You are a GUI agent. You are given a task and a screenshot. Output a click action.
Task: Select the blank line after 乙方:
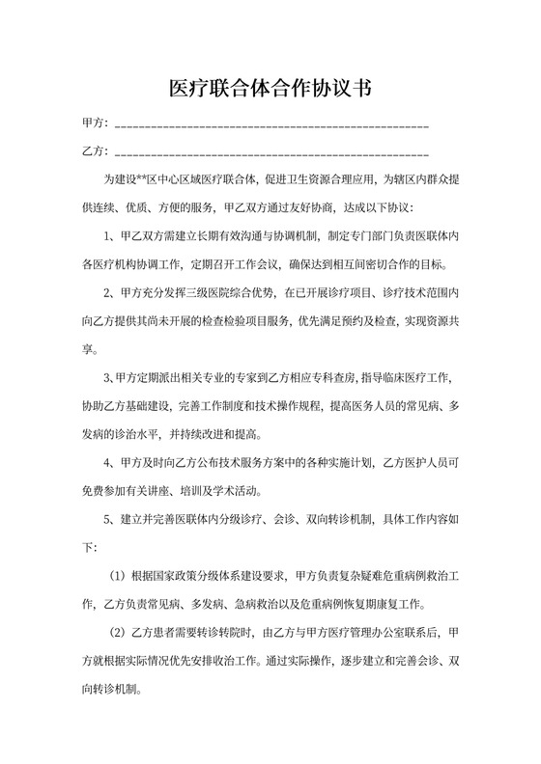click(271, 153)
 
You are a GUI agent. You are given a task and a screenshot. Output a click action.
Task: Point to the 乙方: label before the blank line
click(95, 151)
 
